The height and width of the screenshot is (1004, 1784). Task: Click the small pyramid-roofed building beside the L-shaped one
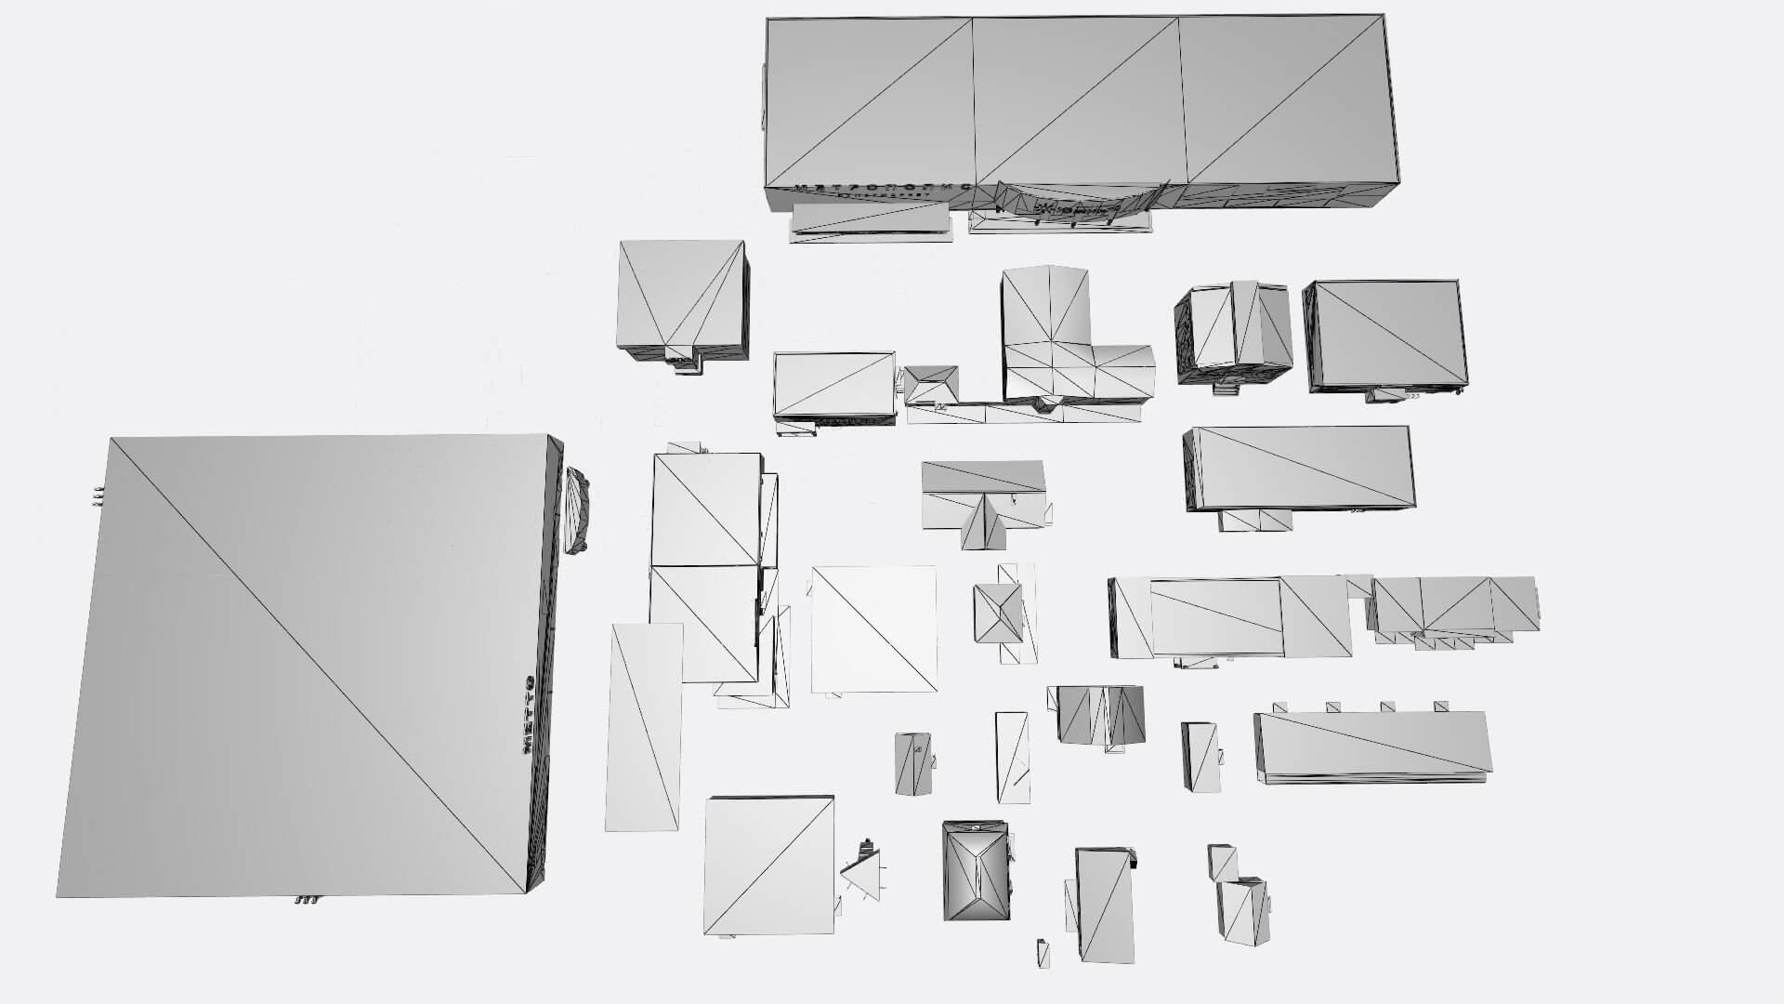932,385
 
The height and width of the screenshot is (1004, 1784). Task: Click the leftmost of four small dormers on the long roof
1279,707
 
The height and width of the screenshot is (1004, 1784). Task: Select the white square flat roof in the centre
873,628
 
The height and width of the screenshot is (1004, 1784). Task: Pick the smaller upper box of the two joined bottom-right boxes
1221,862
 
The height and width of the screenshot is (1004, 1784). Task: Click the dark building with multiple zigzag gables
1100,714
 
